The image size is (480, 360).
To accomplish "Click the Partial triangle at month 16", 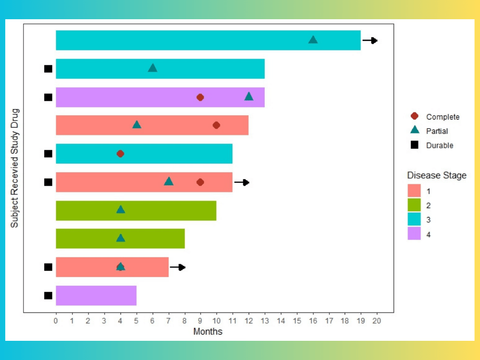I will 313,40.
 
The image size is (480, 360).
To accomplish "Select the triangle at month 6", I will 153,68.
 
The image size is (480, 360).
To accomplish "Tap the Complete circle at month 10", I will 216,125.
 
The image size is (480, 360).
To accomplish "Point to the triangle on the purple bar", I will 249,96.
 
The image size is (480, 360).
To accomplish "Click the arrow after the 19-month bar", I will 370,41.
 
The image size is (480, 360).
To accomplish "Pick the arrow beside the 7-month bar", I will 178,267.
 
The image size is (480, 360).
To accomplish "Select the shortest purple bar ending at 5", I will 96,296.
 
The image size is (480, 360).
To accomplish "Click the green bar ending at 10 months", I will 136,210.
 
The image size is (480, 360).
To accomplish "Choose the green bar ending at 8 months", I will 120,239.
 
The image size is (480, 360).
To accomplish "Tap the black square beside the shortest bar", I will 48,296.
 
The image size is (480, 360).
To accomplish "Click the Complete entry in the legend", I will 442,117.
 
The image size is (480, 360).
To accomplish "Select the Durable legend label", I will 439,145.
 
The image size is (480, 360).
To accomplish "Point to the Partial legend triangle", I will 415,130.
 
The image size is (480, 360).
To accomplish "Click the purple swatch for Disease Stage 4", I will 414,234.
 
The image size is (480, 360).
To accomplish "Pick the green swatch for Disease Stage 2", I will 414,205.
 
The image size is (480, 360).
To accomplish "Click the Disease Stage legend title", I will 437,176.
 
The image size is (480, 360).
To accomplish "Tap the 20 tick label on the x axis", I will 377,320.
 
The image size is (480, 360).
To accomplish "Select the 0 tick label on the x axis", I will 56,320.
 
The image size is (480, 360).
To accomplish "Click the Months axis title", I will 208,332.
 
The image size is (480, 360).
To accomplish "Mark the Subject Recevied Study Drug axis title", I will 15,168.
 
